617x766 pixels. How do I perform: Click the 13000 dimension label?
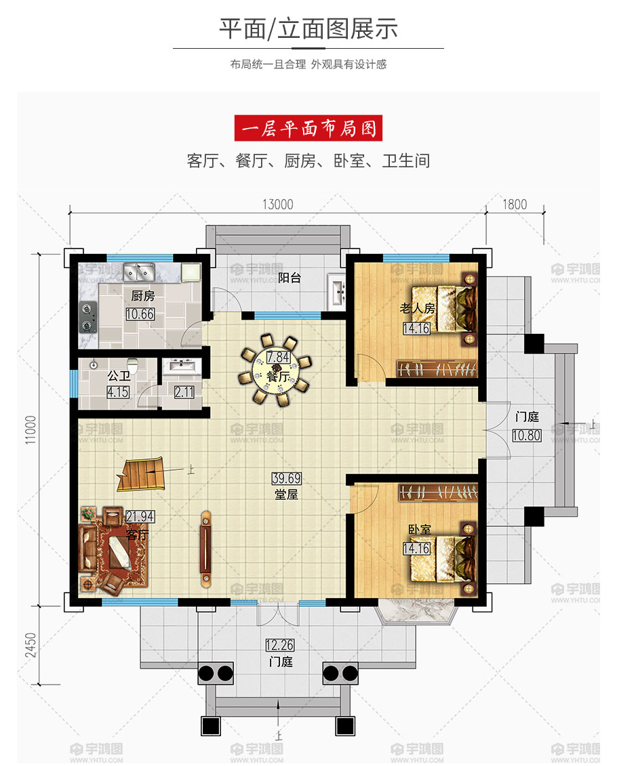pos(278,205)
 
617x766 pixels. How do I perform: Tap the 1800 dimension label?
pos(515,205)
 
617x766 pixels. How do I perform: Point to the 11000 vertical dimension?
pos(31,429)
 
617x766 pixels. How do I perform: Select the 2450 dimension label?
pos(31,645)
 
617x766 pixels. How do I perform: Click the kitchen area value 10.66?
pos(140,314)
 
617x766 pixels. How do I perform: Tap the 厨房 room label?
pos(143,296)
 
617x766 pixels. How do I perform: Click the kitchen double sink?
pos(138,272)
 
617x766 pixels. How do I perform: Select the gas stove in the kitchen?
pos(88,317)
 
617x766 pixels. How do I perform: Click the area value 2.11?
pos(184,391)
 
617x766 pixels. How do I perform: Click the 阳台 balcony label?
pos(290,278)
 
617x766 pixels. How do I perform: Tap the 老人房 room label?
pos(418,308)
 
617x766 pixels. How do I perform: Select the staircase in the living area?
pos(141,473)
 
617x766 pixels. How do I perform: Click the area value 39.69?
pos(287,478)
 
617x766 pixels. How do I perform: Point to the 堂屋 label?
pos(286,494)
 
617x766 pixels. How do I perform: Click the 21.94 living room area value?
pos(140,516)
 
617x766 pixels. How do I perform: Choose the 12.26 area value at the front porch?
pos(279,645)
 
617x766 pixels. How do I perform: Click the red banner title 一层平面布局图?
pos(308,129)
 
